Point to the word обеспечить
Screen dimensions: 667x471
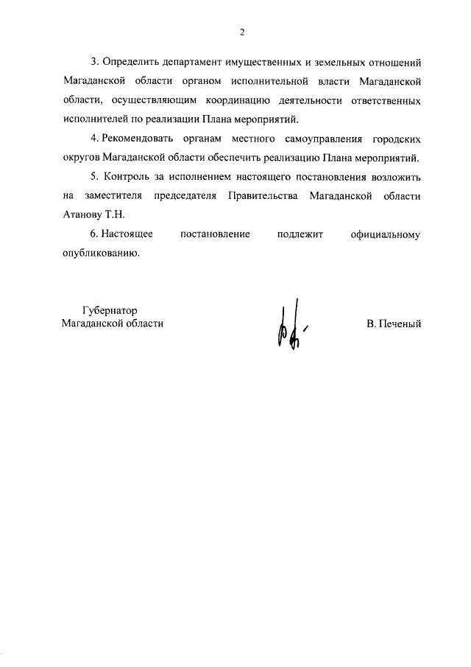pyautogui.click(x=244, y=158)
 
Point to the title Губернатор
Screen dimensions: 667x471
pyautogui.click(x=111, y=311)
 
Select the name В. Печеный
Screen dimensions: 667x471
pyautogui.click(x=394, y=324)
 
